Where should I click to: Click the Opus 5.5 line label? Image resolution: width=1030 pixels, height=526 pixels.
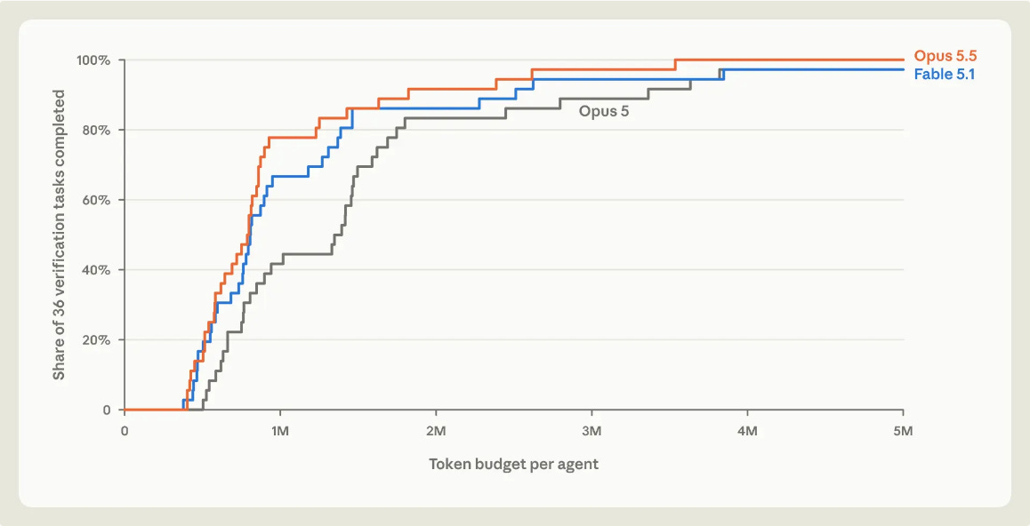tap(946, 56)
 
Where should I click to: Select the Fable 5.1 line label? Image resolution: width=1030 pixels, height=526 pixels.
tap(945, 74)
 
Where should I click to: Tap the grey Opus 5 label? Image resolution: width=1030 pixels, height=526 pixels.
tap(604, 111)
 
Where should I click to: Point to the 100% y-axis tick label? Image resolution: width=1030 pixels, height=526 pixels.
tap(93, 60)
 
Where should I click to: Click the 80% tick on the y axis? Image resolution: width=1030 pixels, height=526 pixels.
tap(96, 130)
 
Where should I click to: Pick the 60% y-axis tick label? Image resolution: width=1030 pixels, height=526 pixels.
tap(96, 200)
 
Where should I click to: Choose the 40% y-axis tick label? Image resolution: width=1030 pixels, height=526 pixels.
tap(96, 270)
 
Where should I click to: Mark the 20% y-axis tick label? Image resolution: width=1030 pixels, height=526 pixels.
tap(96, 340)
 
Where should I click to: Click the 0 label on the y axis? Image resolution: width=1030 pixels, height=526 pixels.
tap(107, 410)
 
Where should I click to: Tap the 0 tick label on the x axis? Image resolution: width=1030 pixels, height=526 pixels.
tap(125, 431)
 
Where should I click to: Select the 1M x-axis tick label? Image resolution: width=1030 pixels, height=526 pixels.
tap(280, 431)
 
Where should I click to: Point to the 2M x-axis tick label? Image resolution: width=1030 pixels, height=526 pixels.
tap(436, 431)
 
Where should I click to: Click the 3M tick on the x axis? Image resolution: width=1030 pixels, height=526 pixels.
tap(591, 431)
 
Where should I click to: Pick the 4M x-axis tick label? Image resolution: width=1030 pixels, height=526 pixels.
tap(747, 431)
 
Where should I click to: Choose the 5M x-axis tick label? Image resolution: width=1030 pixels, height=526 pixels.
tap(903, 431)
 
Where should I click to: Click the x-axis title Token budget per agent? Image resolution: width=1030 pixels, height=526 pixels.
tap(514, 465)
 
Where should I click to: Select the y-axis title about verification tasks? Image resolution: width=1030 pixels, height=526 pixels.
tap(59, 235)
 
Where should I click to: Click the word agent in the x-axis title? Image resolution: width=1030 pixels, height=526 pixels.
tap(579, 466)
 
